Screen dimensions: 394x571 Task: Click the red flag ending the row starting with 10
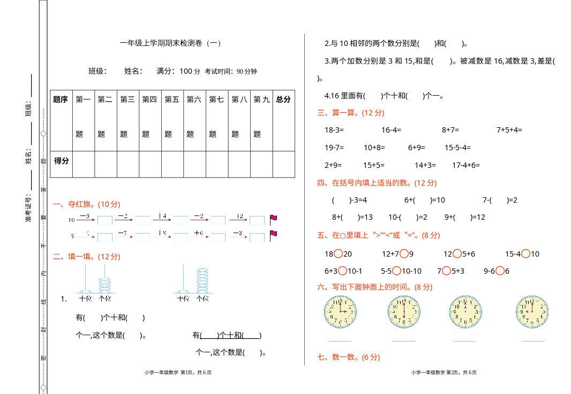click(x=273, y=218)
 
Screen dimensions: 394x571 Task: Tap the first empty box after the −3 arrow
click(x=105, y=220)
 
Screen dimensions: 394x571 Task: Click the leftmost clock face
click(x=340, y=312)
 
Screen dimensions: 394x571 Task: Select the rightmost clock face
click(x=532, y=312)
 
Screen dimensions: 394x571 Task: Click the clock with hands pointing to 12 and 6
click(x=404, y=312)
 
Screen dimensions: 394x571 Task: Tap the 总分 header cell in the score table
click(x=283, y=99)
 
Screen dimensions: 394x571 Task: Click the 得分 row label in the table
click(x=61, y=160)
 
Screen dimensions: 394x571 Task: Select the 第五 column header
click(x=172, y=99)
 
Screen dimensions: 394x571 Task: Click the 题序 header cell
click(x=61, y=99)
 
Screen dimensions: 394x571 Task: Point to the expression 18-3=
click(x=334, y=130)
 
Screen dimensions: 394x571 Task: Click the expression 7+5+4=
click(x=509, y=130)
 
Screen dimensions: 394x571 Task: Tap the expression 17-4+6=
click(x=466, y=165)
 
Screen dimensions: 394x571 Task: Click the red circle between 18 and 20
click(x=338, y=254)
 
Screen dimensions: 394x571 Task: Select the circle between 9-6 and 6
click(x=500, y=271)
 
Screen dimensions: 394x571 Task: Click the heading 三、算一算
click(x=350, y=113)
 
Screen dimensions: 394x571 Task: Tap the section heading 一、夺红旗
click(x=87, y=204)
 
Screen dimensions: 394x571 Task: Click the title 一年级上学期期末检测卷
click(x=170, y=43)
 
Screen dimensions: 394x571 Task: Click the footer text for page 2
click(x=444, y=373)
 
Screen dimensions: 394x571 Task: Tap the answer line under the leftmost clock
click(x=340, y=341)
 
